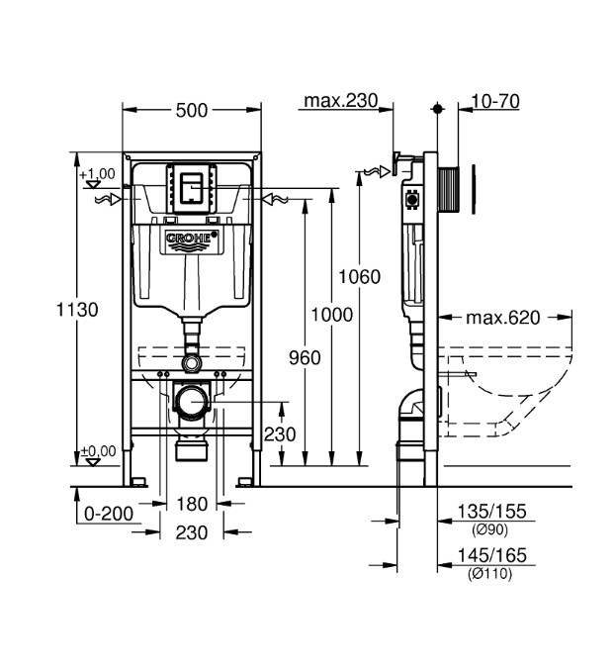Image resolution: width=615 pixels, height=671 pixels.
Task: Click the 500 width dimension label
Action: (x=192, y=111)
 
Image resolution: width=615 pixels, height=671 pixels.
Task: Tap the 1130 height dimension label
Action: (x=77, y=310)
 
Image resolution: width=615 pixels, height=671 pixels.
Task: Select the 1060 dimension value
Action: (x=359, y=277)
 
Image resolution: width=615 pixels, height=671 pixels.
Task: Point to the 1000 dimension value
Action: (x=332, y=315)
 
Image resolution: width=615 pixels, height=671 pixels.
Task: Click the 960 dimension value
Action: (x=305, y=357)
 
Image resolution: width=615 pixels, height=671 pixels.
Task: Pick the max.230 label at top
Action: (x=341, y=101)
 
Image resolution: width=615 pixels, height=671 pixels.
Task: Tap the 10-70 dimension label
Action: (x=495, y=101)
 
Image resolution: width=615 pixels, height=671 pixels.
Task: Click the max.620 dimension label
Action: (x=503, y=318)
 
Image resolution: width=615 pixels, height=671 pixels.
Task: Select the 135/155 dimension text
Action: (x=491, y=512)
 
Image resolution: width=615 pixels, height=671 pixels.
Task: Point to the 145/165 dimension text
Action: (x=491, y=555)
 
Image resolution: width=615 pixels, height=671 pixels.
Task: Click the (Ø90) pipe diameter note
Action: (x=490, y=529)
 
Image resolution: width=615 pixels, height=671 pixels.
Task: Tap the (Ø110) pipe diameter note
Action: (x=490, y=573)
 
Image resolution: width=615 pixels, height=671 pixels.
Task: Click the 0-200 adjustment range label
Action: (x=109, y=514)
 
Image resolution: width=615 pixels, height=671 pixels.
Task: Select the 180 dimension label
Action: (x=192, y=504)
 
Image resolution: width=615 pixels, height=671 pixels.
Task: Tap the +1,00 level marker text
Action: (x=97, y=174)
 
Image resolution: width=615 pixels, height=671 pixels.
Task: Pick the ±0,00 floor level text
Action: (x=98, y=451)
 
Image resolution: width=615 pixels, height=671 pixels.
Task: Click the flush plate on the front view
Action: (x=191, y=188)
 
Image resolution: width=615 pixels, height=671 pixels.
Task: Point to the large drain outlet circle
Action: (x=192, y=402)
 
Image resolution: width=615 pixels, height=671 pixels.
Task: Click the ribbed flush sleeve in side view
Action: (x=448, y=189)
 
